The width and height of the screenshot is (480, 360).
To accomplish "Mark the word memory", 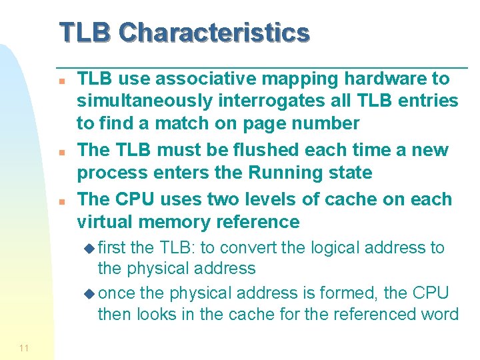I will coord(174,222).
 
